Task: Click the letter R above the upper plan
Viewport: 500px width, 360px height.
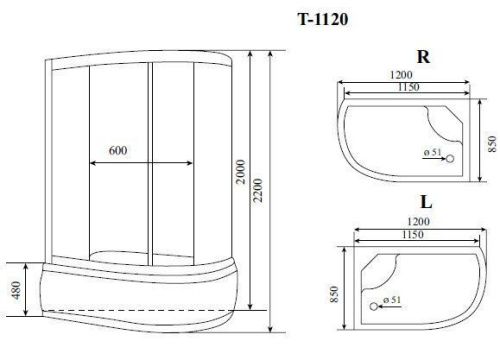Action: point(423,58)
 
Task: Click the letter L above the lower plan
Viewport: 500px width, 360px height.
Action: point(425,204)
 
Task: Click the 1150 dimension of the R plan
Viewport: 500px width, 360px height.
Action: point(404,89)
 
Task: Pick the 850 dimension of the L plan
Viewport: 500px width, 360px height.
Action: point(333,294)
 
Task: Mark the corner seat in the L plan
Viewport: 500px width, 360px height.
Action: point(372,264)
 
